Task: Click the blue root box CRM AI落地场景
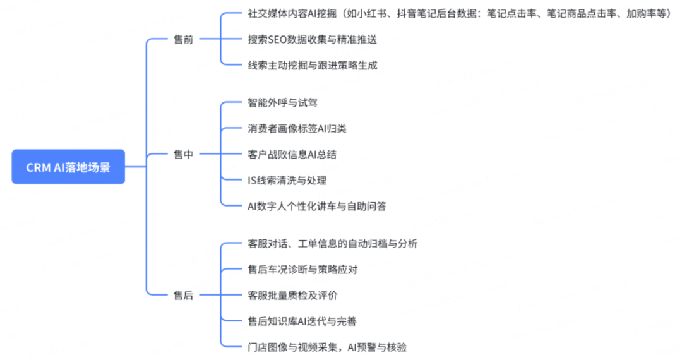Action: (x=68, y=167)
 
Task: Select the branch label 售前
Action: (x=183, y=39)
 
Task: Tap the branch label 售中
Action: (x=183, y=154)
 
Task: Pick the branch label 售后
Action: (x=183, y=295)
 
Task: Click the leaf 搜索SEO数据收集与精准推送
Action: (x=312, y=39)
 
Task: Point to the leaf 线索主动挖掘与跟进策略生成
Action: (x=312, y=65)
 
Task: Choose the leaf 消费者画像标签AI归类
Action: (x=297, y=129)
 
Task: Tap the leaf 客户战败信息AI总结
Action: (x=296, y=154)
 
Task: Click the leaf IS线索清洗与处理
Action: (x=287, y=180)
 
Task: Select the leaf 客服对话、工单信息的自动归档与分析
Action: (x=332, y=244)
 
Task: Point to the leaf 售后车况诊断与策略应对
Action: (x=303, y=270)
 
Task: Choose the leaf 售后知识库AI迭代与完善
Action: (x=302, y=321)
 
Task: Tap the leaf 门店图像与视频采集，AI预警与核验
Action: (x=332, y=347)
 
